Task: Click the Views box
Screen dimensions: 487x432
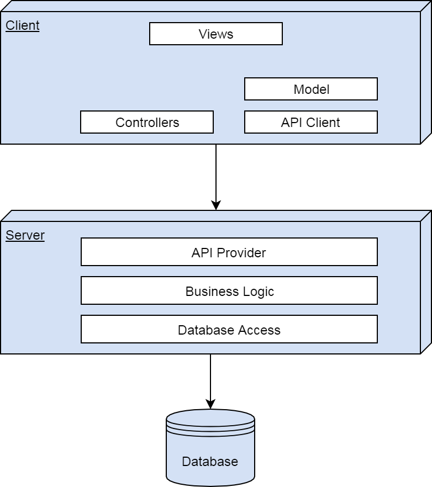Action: click(x=215, y=34)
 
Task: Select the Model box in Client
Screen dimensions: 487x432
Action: click(x=310, y=89)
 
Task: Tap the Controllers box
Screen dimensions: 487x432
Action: click(x=147, y=122)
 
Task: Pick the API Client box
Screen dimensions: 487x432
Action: click(x=310, y=122)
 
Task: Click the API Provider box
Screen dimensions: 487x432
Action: click(x=229, y=252)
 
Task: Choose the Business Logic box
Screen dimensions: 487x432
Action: click(x=229, y=291)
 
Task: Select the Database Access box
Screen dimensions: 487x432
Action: click(x=229, y=330)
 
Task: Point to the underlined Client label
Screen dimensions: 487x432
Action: click(x=23, y=26)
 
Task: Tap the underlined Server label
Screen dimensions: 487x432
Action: click(x=25, y=236)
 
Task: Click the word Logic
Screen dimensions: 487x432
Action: click(x=259, y=292)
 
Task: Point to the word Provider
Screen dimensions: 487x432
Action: click(x=241, y=253)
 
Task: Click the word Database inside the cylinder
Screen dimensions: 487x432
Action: click(x=210, y=462)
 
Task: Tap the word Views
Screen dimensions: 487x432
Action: click(x=215, y=34)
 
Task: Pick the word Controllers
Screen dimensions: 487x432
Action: click(x=147, y=123)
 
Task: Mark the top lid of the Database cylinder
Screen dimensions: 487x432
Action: click(x=210, y=419)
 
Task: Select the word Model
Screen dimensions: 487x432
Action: click(x=311, y=89)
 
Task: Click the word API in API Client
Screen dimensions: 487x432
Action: click(x=291, y=123)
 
